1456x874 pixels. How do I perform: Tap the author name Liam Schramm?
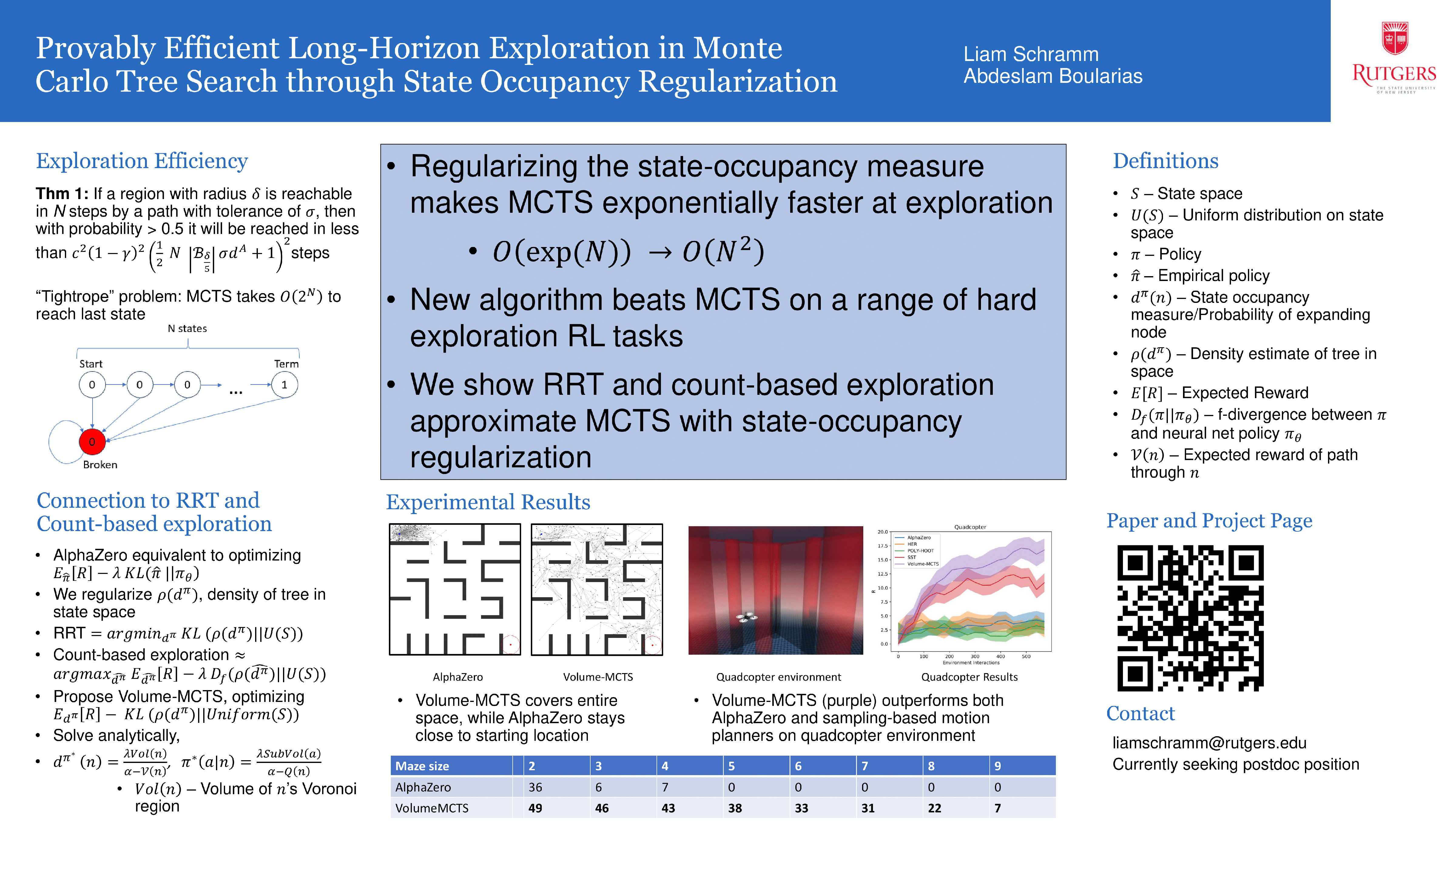[x=1030, y=54]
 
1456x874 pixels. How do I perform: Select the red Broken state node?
[x=92, y=442]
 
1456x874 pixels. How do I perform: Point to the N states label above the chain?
[x=187, y=329]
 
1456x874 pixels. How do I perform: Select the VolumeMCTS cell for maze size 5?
[x=735, y=808]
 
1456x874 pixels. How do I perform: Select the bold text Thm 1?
[x=62, y=194]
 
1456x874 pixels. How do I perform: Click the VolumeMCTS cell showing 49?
[x=535, y=808]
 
